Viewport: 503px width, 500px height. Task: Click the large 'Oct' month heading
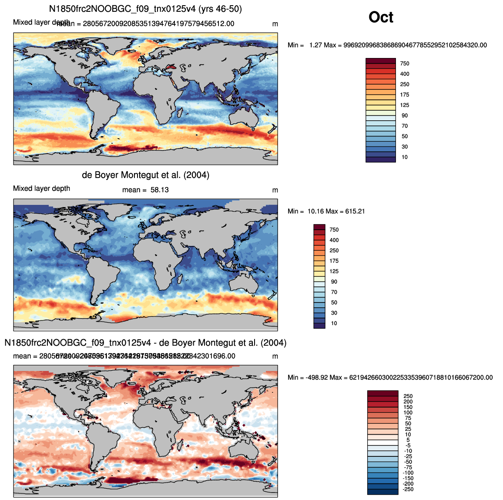click(381, 17)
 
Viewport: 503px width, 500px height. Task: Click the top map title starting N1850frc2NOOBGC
click(145, 9)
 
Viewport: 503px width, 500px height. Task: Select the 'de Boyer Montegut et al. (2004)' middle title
click(145, 175)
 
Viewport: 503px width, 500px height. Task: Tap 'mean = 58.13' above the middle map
click(145, 190)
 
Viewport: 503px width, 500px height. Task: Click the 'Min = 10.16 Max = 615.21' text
click(326, 211)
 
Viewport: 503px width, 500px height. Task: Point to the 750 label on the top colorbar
click(405, 64)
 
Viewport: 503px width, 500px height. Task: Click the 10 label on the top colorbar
click(405, 157)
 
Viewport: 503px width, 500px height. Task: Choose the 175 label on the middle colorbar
click(334, 261)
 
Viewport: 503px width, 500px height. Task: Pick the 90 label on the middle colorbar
click(334, 282)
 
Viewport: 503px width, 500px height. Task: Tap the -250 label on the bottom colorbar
click(408, 490)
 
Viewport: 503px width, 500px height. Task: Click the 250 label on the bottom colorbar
click(408, 396)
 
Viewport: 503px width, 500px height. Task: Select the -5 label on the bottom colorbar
click(408, 446)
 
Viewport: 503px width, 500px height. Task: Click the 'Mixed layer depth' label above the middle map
click(41, 189)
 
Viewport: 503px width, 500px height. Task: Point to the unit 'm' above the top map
click(275, 24)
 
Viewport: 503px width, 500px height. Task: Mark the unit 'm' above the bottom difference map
click(275, 357)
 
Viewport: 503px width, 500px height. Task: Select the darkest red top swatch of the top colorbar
click(381, 61)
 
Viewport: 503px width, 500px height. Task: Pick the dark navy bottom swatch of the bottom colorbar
click(382, 492)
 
